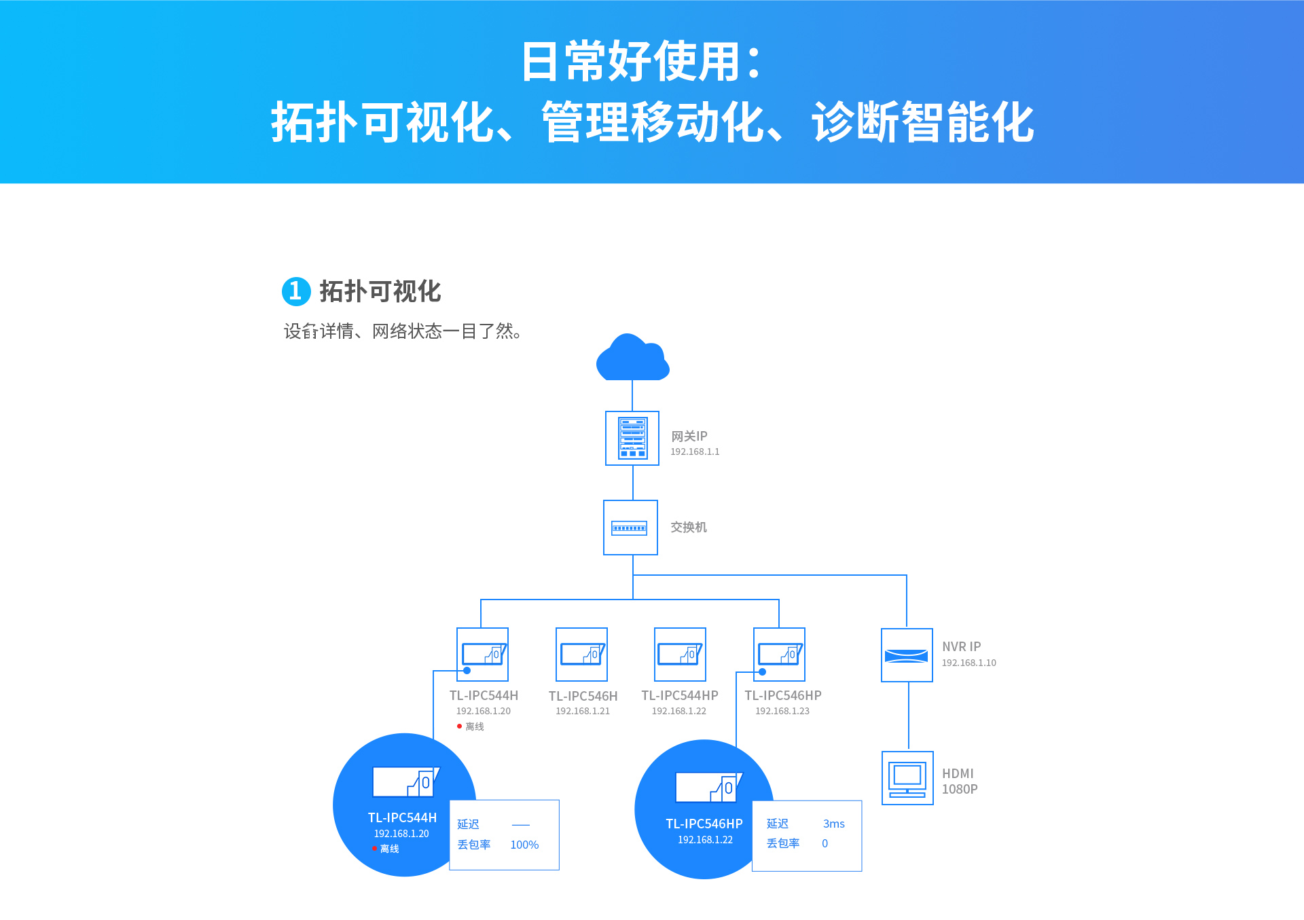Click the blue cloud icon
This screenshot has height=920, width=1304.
(x=632, y=357)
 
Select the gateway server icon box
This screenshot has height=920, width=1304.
(x=632, y=438)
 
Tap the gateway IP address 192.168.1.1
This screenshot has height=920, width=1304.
(x=695, y=452)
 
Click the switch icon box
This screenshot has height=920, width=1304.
(x=630, y=528)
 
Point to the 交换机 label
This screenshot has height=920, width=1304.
(x=689, y=528)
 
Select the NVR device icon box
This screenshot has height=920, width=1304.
(x=907, y=655)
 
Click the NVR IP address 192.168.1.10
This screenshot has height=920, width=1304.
(x=969, y=663)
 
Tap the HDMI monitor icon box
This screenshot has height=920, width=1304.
(x=907, y=778)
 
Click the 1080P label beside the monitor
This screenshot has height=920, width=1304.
(x=960, y=789)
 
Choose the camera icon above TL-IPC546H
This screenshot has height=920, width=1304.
(x=581, y=655)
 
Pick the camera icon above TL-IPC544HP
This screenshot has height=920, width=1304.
(x=680, y=655)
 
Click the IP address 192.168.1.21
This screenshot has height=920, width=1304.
(x=583, y=711)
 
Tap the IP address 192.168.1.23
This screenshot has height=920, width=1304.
(x=782, y=711)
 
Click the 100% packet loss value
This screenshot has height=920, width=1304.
(x=524, y=845)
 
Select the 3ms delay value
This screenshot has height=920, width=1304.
(x=834, y=824)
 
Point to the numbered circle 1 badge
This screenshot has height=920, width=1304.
(x=296, y=291)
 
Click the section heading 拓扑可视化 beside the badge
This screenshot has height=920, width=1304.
(x=380, y=291)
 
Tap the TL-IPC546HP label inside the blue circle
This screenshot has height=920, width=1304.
(x=704, y=824)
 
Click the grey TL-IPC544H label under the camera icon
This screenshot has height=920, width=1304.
(x=484, y=695)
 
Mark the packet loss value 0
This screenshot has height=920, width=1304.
(x=825, y=843)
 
